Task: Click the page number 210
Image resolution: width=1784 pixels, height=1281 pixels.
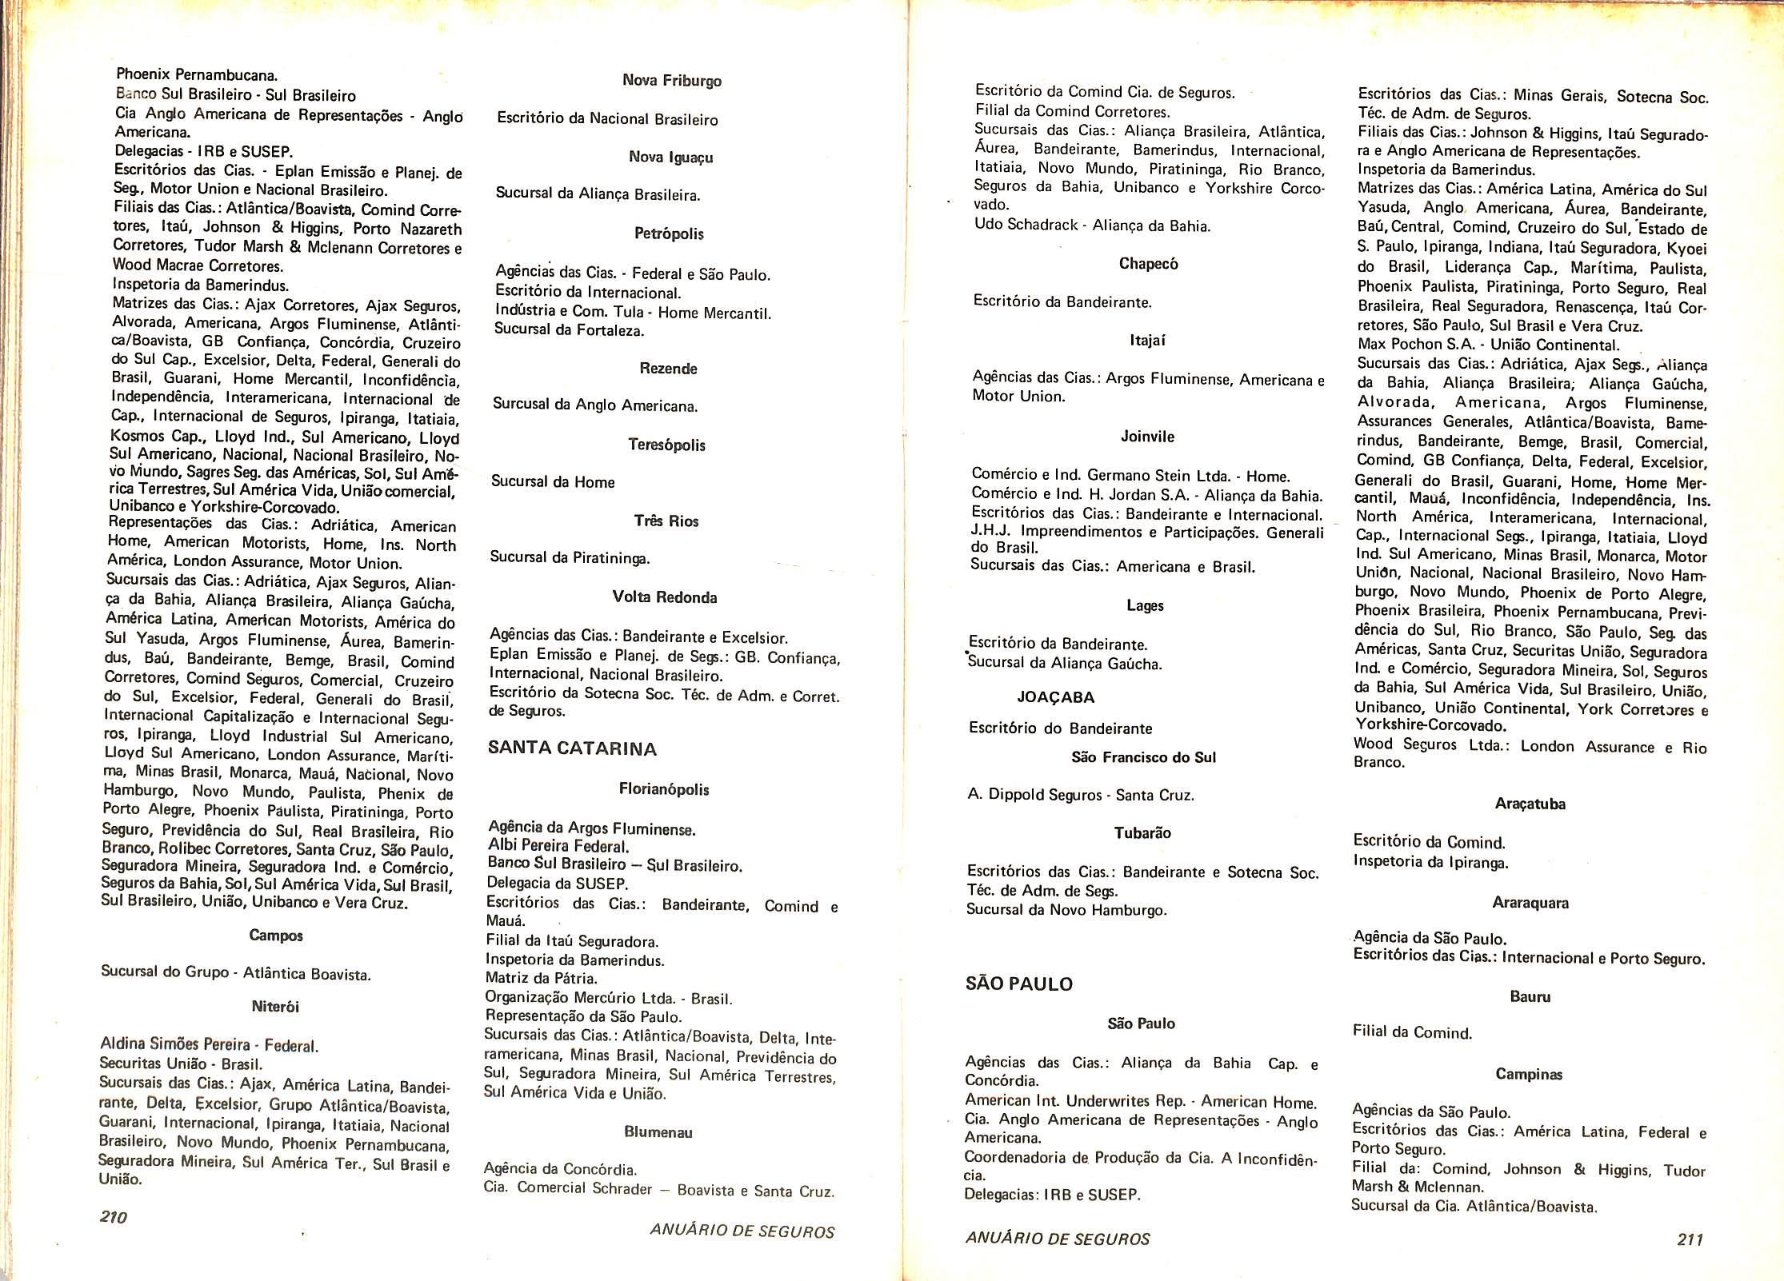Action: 114,1217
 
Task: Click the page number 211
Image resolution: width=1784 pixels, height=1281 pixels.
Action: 1690,1239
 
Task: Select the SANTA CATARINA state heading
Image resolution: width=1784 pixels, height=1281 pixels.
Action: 572,749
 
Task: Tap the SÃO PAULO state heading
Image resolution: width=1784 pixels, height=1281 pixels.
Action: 1018,984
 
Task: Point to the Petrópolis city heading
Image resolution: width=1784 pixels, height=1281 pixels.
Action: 668,234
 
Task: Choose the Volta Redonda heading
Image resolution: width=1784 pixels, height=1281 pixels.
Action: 664,597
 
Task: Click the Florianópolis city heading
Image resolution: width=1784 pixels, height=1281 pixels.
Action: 663,789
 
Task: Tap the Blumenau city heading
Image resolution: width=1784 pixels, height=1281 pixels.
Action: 658,1132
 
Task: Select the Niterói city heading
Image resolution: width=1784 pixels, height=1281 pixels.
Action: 274,1007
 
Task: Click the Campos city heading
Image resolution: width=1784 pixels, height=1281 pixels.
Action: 275,935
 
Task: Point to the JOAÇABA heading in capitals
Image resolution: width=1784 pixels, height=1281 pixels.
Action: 1055,697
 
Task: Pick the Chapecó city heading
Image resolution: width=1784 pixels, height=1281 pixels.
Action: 1148,264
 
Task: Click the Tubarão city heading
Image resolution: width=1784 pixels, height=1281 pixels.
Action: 1142,833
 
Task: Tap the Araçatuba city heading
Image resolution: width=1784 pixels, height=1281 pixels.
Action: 1529,804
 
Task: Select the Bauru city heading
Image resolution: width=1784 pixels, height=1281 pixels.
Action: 1530,997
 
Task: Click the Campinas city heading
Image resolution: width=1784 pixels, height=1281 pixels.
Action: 1528,1075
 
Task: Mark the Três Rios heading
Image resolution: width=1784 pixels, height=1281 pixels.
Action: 666,521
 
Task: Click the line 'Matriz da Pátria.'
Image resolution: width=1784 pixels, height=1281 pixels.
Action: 541,978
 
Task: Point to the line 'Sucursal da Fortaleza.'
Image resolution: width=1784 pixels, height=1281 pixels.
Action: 569,329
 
